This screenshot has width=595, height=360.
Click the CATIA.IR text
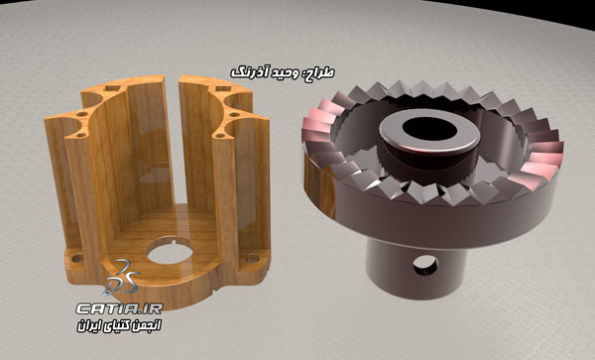[x=120, y=308]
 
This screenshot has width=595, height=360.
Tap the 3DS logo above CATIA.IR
[x=122, y=278]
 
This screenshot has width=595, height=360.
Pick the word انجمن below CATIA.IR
[x=147, y=326]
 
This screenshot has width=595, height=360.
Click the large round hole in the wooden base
[x=171, y=250]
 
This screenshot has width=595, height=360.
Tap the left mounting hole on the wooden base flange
[x=78, y=258]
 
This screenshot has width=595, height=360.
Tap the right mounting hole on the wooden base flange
[x=252, y=258]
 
